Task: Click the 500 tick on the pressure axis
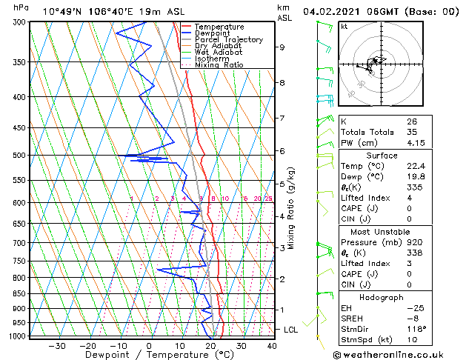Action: [x=21, y=156]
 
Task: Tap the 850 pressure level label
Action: [x=21, y=294]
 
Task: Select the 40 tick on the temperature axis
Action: [x=272, y=346]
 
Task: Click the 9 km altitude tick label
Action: [x=282, y=47]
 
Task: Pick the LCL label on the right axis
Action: [x=291, y=329]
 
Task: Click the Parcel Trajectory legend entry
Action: [x=228, y=39]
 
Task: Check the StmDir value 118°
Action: [x=416, y=328]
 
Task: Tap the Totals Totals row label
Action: [x=365, y=132]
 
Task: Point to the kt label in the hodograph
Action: [x=344, y=27]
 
